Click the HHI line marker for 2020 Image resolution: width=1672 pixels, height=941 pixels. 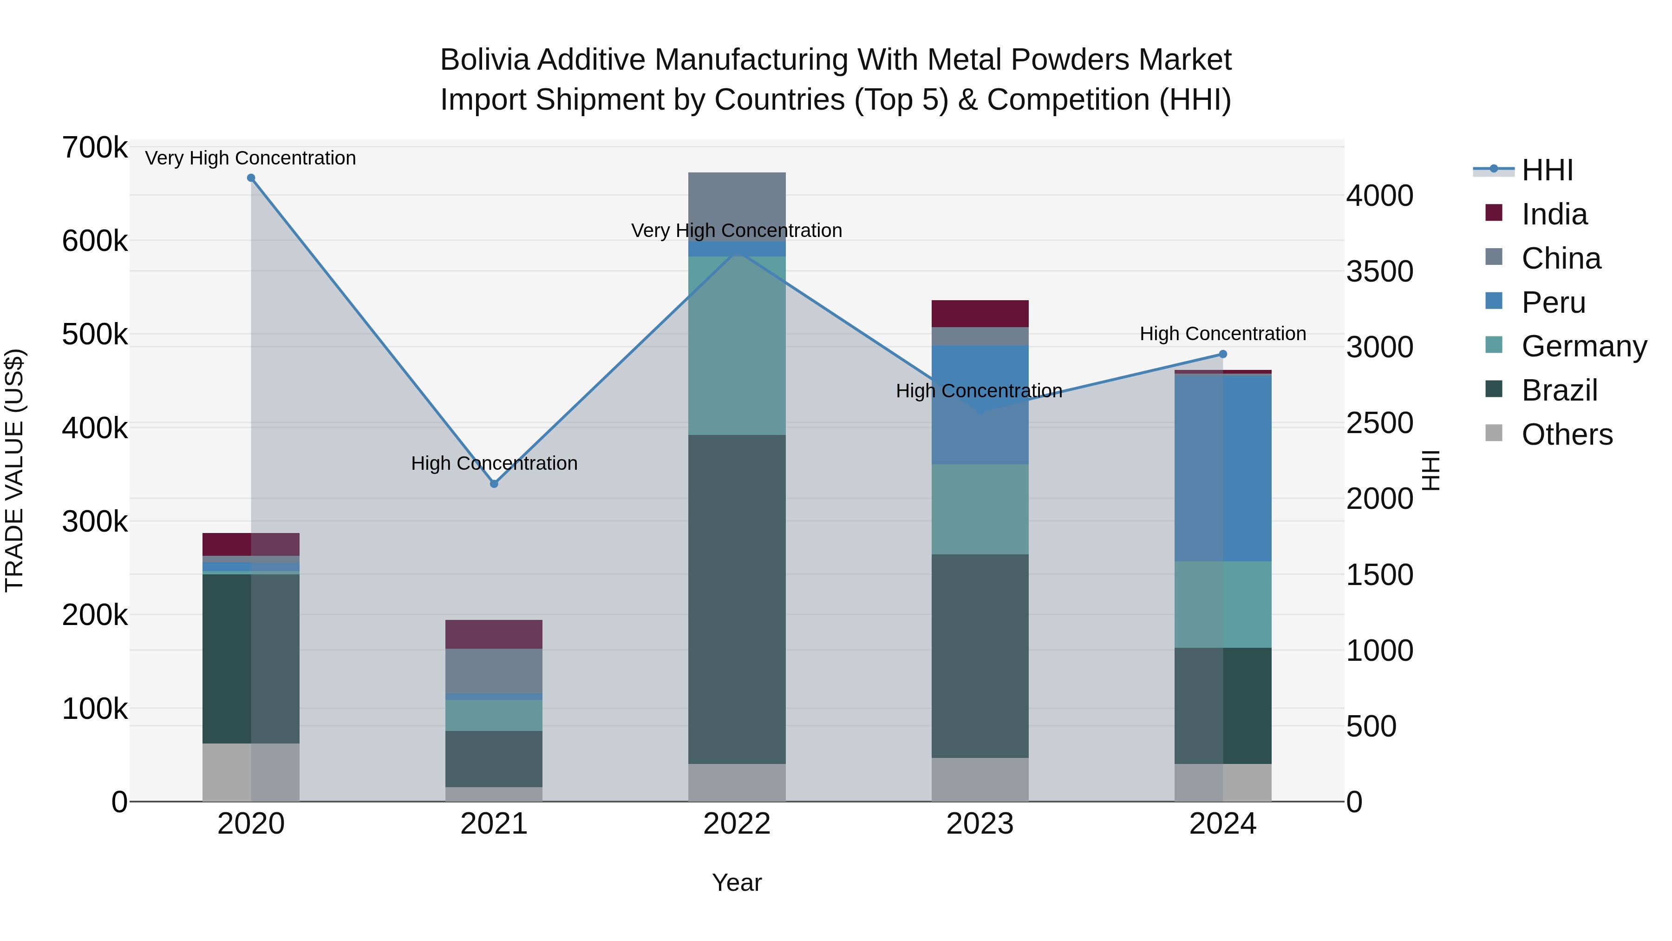(x=251, y=178)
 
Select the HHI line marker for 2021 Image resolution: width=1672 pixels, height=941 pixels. (x=494, y=484)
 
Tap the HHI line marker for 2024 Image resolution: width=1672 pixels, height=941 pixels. (x=1223, y=354)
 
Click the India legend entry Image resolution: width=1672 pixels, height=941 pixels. (x=1554, y=214)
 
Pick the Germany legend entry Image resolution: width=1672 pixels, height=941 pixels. (x=1583, y=346)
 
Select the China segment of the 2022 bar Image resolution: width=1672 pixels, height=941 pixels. (x=737, y=206)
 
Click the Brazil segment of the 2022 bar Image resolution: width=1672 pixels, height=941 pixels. (x=737, y=599)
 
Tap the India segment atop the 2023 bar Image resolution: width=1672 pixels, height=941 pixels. (x=980, y=314)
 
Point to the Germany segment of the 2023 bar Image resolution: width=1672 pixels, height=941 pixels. (x=980, y=509)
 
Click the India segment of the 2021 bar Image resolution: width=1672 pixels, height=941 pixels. (x=494, y=634)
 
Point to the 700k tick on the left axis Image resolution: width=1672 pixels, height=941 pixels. (x=95, y=148)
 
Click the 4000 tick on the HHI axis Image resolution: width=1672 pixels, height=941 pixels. (x=1379, y=196)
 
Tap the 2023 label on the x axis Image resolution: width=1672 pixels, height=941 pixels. (x=980, y=824)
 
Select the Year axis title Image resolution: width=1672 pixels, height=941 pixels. (x=737, y=882)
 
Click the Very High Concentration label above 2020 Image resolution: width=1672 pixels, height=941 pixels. (x=250, y=158)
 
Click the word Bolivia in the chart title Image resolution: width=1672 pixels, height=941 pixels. (x=483, y=60)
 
